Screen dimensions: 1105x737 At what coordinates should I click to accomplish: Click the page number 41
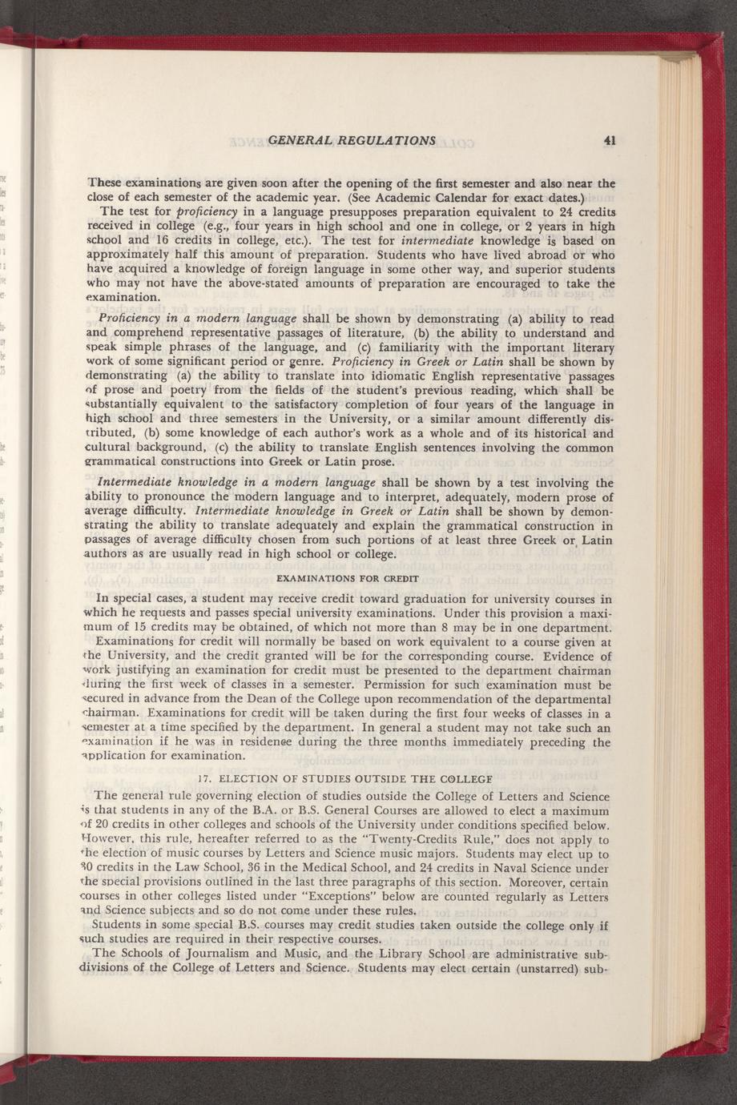point(610,141)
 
